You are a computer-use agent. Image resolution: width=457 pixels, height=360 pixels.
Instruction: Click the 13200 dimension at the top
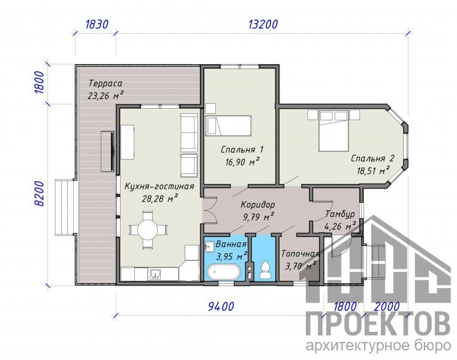263,24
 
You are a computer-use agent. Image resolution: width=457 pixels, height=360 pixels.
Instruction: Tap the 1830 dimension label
97,24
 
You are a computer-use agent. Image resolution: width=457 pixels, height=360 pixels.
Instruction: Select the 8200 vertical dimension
39,194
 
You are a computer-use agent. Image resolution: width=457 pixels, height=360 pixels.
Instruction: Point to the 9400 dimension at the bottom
221,307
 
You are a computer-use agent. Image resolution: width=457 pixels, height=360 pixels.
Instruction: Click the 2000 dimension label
387,307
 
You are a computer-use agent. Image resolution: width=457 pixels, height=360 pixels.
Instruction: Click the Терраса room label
105,83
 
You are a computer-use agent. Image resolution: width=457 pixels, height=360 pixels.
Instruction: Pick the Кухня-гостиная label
159,186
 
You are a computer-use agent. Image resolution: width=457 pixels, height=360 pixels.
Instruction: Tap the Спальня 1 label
242,149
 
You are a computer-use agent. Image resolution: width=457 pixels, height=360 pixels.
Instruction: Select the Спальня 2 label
372,158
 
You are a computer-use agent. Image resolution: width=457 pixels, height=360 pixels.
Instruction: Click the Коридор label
258,205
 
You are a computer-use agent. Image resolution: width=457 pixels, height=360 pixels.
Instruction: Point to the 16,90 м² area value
242,162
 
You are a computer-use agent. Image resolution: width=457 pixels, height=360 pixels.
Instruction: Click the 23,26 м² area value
105,95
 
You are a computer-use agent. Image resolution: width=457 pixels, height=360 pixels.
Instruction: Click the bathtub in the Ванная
223,272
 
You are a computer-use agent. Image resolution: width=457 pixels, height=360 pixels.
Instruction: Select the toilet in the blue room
265,270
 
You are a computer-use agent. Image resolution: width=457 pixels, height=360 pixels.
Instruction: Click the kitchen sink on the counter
156,274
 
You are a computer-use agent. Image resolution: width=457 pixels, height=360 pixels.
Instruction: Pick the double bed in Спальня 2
333,131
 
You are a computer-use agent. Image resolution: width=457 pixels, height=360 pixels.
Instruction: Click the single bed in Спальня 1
228,125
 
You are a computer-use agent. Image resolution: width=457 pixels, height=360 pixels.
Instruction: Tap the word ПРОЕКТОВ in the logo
378,325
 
